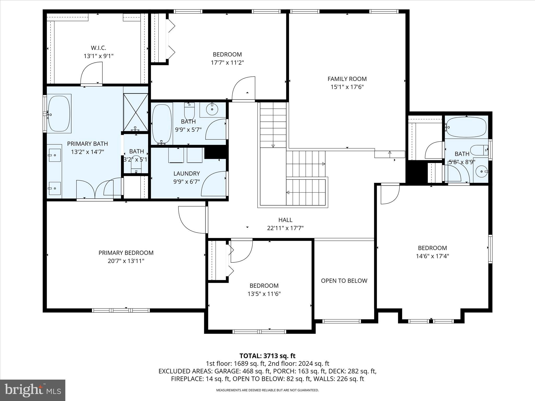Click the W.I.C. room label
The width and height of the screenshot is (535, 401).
[x=98, y=48]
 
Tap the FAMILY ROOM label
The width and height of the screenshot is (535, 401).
[x=347, y=79]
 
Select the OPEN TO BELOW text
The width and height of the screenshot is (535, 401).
[x=344, y=281]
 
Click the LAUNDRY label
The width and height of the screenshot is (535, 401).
[x=187, y=174]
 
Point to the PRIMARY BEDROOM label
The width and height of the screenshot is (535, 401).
[x=126, y=253]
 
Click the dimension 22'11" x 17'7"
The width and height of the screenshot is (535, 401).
[x=285, y=228]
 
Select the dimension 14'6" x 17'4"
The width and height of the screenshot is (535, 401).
[x=432, y=256]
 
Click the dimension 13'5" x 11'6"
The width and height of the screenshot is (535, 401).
[x=264, y=294]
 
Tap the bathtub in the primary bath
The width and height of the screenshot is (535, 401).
[x=60, y=114]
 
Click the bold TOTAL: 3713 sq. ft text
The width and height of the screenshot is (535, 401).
[x=267, y=356]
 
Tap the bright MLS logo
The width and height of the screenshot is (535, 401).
[x=33, y=390]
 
